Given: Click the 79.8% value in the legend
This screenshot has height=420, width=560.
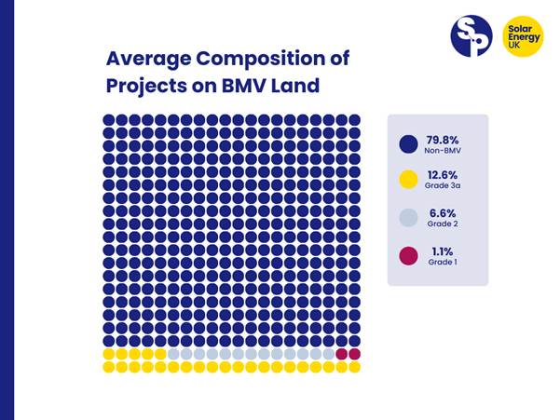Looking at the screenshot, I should [444, 139].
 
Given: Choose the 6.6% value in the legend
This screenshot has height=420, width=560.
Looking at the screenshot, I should [443, 213].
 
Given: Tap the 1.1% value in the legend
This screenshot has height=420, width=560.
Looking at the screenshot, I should [440, 251].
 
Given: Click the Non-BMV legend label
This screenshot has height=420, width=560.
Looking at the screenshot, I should [444, 150].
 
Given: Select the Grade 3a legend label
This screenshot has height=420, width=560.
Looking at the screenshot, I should [444, 187].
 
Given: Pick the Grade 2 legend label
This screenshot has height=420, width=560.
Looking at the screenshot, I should [443, 224].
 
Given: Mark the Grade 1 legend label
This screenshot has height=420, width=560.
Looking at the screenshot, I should [442, 263].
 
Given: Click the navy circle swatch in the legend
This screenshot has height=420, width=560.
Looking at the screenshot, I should [408, 144].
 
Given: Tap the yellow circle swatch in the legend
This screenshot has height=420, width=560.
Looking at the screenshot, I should [408, 182].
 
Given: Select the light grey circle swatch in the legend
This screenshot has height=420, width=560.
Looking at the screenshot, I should [408, 219].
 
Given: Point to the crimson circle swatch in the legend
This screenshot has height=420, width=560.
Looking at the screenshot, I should [408, 256].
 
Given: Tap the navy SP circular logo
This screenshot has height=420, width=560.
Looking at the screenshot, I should [471, 35].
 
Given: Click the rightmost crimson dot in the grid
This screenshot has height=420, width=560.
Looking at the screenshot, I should [355, 354].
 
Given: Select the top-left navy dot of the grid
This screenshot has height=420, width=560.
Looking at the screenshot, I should [108, 120].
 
